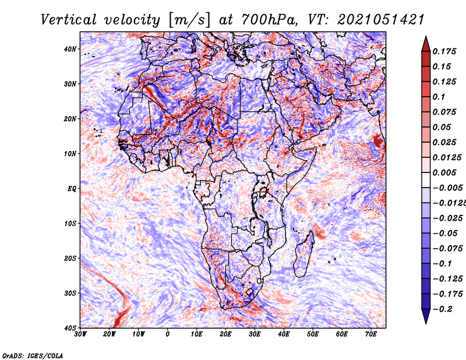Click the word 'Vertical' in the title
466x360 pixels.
pyautogui.click(x=68, y=20)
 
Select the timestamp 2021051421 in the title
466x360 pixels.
pyautogui.click(x=380, y=20)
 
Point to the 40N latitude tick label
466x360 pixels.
pyautogui.click(x=70, y=49)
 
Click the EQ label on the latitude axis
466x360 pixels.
pyautogui.click(x=72, y=189)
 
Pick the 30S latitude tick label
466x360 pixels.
pyautogui.click(x=70, y=293)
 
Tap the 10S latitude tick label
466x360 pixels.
pyautogui.click(x=70, y=224)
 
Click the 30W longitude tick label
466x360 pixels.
pyautogui.click(x=80, y=334)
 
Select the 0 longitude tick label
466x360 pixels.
pyautogui.click(x=168, y=334)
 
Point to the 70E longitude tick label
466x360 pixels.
pyautogui.click(x=370, y=334)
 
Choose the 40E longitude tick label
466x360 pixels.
pyautogui.click(x=284, y=334)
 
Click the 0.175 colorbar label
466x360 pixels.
pyautogui.click(x=444, y=51)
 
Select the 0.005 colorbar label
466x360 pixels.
pyautogui.click(x=444, y=172)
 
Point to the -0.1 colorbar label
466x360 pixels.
pyautogui.click(x=442, y=263)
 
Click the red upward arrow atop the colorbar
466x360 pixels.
pyautogui.click(x=426, y=44)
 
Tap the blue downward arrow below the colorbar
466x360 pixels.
pyautogui.click(x=426, y=316)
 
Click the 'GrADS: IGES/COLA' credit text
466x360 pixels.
pyautogui.click(x=33, y=355)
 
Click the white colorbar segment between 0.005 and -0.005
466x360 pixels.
pyautogui.click(x=426, y=180)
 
